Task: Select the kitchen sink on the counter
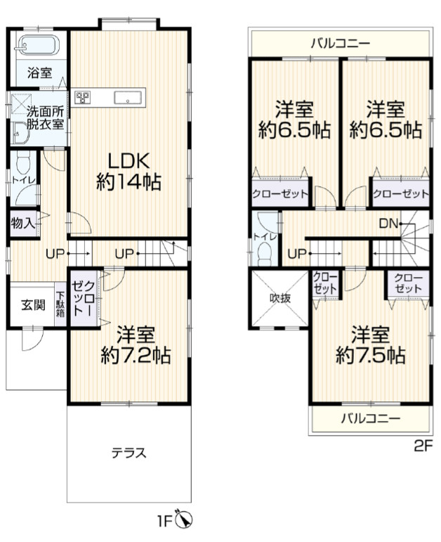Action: pyautogui.click(x=128, y=97)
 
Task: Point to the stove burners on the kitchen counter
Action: pyautogui.click(x=83, y=97)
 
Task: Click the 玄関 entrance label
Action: pyautogui.click(x=33, y=304)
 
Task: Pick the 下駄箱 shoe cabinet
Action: pyautogui.click(x=60, y=304)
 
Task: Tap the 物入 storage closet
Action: pyautogui.click(x=22, y=224)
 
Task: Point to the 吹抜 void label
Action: pyautogui.click(x=280, y=298)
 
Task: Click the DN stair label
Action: pyautogui.click(x=388, y=224)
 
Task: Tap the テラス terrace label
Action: pyautogui.click(x=129, y=453)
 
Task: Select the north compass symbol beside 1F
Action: pyautogui.click(x=184, y=520)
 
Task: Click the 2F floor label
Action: pyautogui.click(x=423, y=446)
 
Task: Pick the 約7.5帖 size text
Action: pyautogui.click(x=370, y=354)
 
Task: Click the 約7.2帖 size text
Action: pyautogui.click(x=136, y=354)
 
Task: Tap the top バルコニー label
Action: pyautogui.click(x=341, y=44)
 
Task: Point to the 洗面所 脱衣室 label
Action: pyautogui.click(x=45, y=118)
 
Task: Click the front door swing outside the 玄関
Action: pyautogui.click(x=32, y=339)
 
